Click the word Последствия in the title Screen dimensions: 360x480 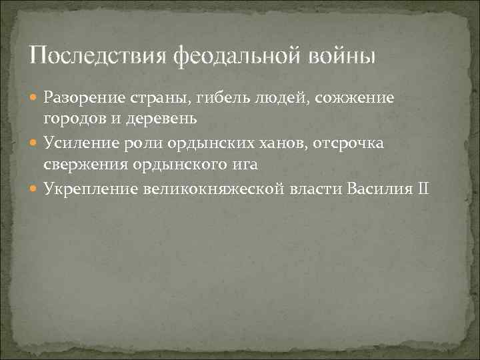(x=99, y=55)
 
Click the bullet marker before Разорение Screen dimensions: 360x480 (x=35, y=99)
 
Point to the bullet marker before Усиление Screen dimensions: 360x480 (x=35, y=144)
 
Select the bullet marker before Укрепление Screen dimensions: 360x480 (x=35, y=189)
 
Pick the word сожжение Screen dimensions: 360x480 (x=355, y=99)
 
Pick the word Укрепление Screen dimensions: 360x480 (x=90, y=189)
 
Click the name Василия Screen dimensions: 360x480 (x=378, y=189)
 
